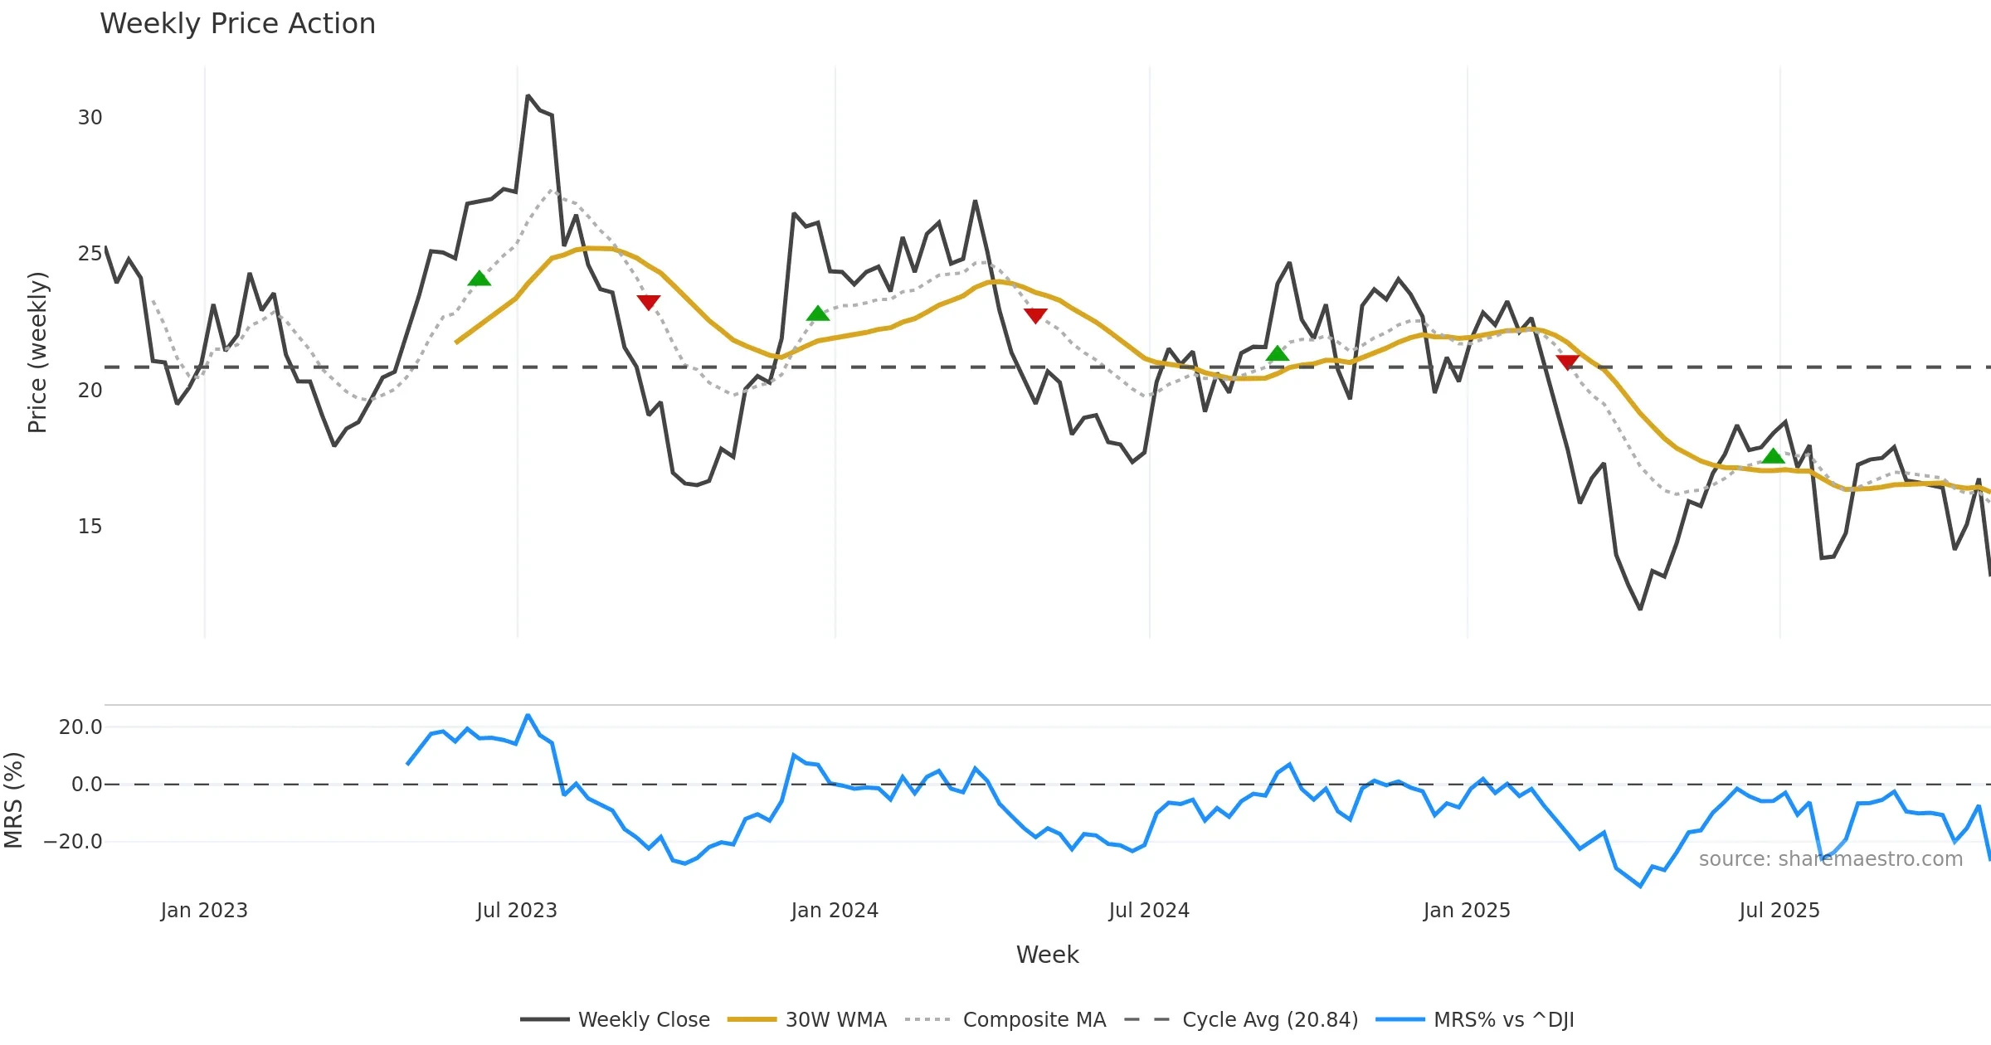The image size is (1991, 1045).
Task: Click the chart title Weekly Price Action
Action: (237, 24)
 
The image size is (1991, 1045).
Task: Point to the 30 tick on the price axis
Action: (90, 118)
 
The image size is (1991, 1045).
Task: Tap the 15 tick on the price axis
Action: (90, 527)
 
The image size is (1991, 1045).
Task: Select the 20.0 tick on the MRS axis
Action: (80, 727)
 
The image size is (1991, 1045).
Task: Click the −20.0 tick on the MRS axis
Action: (73, 842)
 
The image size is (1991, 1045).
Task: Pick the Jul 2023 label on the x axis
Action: (516, 911)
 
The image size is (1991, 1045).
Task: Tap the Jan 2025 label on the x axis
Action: (1466, 911)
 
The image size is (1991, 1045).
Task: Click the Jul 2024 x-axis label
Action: (1148, 911)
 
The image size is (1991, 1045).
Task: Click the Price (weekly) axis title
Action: (38, 352)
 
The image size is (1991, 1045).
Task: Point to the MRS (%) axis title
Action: (14, 800)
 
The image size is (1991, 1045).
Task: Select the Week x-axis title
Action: (1047, 955)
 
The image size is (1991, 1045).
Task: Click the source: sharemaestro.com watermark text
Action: (1830, 859)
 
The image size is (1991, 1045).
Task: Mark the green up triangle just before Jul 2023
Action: (479, 279)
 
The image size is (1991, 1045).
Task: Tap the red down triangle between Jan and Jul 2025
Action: (1567, 362)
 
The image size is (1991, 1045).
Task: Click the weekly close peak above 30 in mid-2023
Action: (528, 96)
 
